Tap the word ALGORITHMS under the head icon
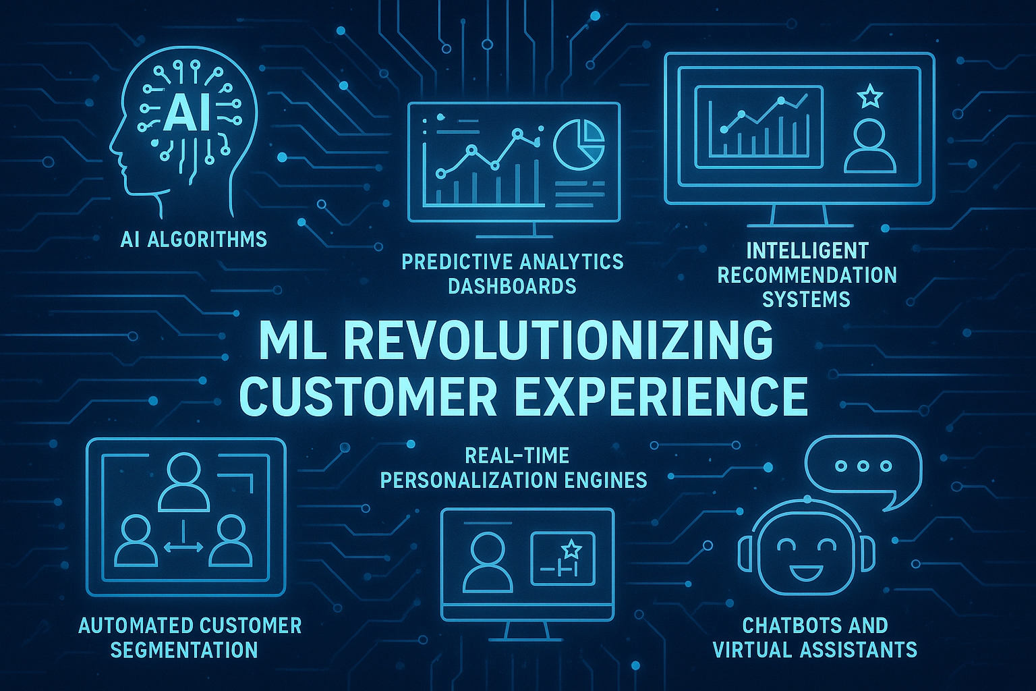[x=208, y=240]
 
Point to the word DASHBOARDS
[x=513, y=287]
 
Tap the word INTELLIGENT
[x=807, y=251]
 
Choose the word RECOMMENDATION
[x=807, y=275]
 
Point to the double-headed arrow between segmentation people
[x=183, y=547]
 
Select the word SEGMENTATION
[x=184, y=650]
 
